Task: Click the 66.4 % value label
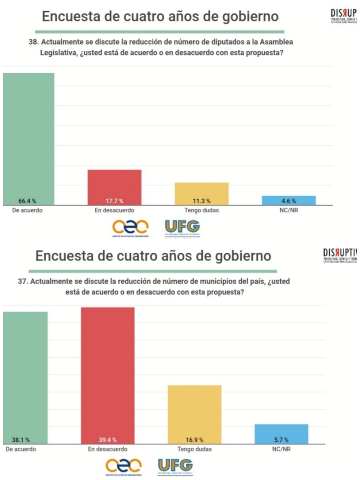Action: (x=27, y=201)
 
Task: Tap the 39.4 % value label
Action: (x=108, y=440)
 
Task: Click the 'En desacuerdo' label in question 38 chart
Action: (x=114, y=210)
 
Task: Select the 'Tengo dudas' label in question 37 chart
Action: (x=194, y=449)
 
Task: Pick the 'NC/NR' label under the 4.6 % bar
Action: (x=288, y=210)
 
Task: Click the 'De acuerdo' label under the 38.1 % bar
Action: (x=21, y=449)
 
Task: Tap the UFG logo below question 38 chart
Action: (x=182, y=229)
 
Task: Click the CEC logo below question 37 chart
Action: (x=123, y=466)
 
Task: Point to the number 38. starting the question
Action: (x=34, y=42)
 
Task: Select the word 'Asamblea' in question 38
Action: (x=276, y=42)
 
